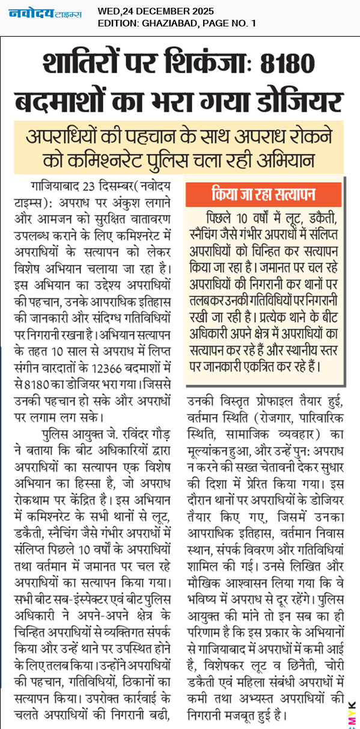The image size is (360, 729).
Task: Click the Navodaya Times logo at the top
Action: pyautogui.click(x=46, y=13)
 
